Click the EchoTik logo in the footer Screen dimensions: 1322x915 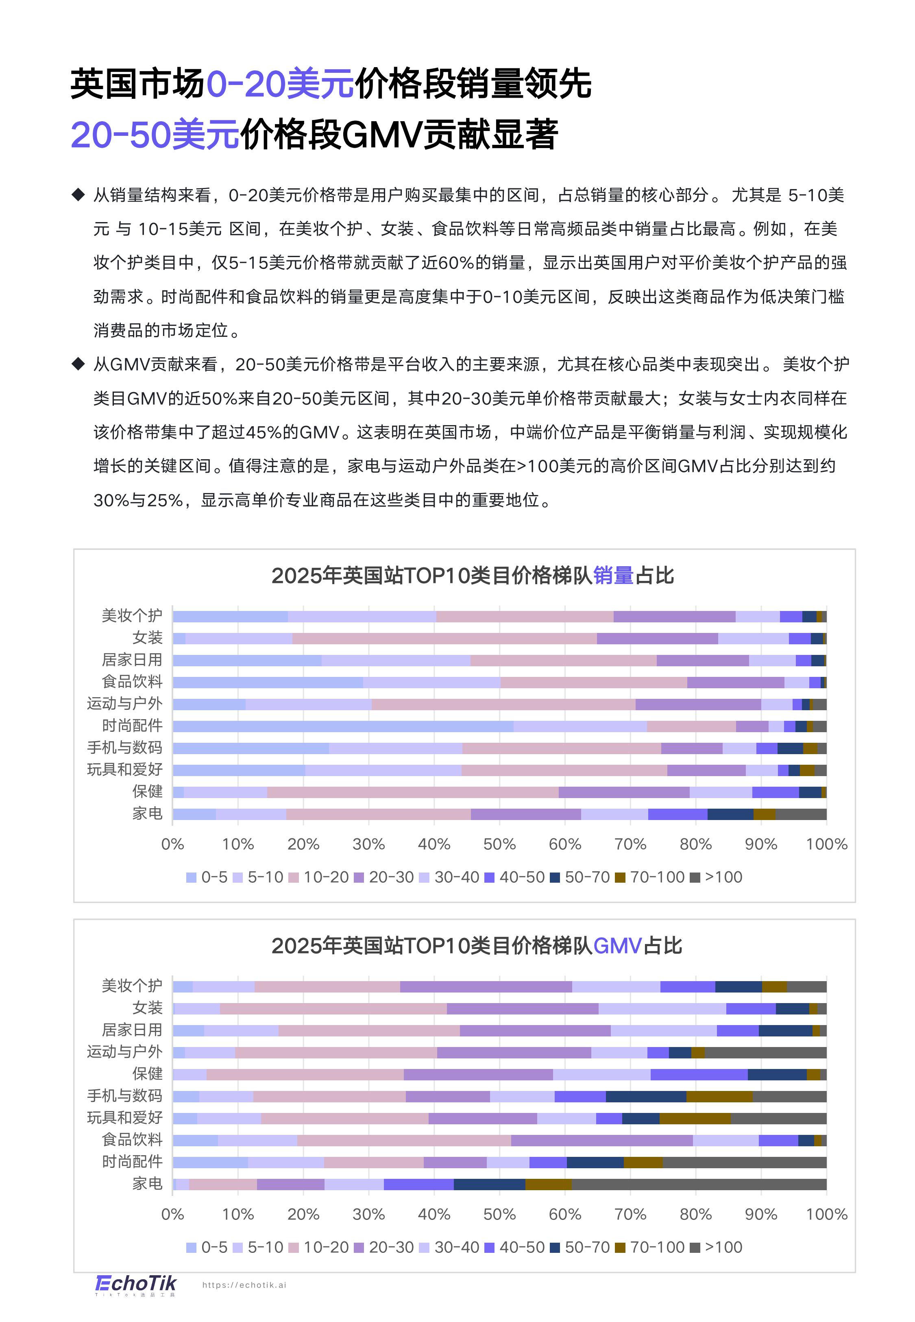[135, 1284]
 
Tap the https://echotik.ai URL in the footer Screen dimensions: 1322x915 [244, 1285]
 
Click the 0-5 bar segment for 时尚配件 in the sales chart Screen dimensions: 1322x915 [343, 726]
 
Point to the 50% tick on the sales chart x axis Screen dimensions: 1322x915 [499, 844]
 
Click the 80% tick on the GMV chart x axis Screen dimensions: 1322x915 [695, 1214]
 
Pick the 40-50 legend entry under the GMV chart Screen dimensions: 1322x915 [514, 1248]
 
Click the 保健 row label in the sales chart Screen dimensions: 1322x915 [147, 792]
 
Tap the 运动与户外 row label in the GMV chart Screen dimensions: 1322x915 [124, 1052]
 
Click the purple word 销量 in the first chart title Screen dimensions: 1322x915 [613, 576]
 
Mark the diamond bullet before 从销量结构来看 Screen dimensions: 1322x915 [78, 195]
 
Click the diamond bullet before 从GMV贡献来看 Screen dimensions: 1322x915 [78, 364]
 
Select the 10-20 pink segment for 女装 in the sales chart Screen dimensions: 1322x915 [444, 639]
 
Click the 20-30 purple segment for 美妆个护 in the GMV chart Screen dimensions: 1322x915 [486, 987]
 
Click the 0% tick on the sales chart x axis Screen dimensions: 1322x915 [172, 844]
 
